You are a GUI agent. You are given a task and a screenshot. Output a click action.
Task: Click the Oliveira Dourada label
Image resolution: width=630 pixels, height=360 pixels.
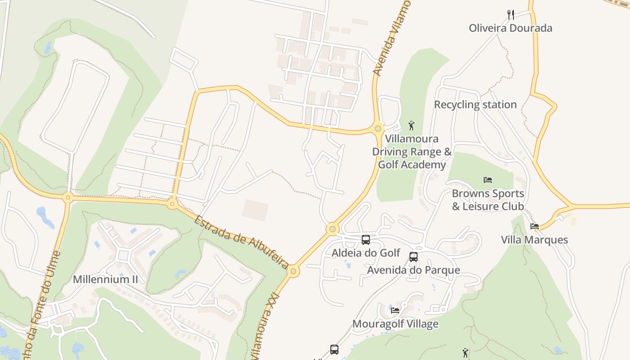click(x=510, y=28)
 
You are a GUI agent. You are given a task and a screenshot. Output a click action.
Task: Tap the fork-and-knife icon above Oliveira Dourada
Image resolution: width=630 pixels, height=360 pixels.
click(x=511, y=15)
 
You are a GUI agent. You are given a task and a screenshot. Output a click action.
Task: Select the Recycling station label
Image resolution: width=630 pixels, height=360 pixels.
click(x=475, y=104)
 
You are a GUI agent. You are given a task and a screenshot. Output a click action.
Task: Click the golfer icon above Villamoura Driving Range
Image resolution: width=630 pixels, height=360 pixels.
click(x=411, y=126)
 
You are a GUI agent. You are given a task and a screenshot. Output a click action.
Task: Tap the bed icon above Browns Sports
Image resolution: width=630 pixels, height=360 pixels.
click(x=488, y=180)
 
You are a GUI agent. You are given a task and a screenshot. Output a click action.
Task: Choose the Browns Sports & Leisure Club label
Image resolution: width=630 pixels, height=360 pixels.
click(x=488, y=200)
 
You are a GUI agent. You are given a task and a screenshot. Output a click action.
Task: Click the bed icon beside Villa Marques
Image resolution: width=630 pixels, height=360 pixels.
click(x=535, y=226)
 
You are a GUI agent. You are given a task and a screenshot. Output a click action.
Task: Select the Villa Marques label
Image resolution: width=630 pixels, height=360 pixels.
click(x=535, y=240)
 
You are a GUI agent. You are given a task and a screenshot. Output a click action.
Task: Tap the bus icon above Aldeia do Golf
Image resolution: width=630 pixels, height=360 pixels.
click(x=366, y=240)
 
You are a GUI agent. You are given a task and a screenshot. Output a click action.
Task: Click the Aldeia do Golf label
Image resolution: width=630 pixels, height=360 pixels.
click(x=366, y=253)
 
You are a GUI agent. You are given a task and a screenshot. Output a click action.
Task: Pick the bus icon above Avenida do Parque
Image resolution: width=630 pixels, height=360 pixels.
click(x=414, y=257)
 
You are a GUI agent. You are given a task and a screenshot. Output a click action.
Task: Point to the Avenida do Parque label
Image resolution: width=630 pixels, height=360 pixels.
click(x=414, y=270)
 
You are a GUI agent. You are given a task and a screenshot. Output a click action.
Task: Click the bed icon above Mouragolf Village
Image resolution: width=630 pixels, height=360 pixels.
click(x=395, y=310)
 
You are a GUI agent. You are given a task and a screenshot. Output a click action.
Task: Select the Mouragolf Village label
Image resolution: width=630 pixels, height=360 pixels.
click(x=395, y=324)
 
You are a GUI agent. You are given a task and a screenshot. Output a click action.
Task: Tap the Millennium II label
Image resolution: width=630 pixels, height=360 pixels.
click(x=105, y=279)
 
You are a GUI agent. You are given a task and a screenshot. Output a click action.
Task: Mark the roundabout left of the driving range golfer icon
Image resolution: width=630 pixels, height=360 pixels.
click(x=378, y=129)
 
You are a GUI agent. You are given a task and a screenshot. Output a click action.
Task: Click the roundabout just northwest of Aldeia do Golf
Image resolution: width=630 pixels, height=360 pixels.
click(x=333, y=229)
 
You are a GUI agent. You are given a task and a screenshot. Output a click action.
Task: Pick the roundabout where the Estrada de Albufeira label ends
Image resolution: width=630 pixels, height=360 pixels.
click(x=293, y=271)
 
